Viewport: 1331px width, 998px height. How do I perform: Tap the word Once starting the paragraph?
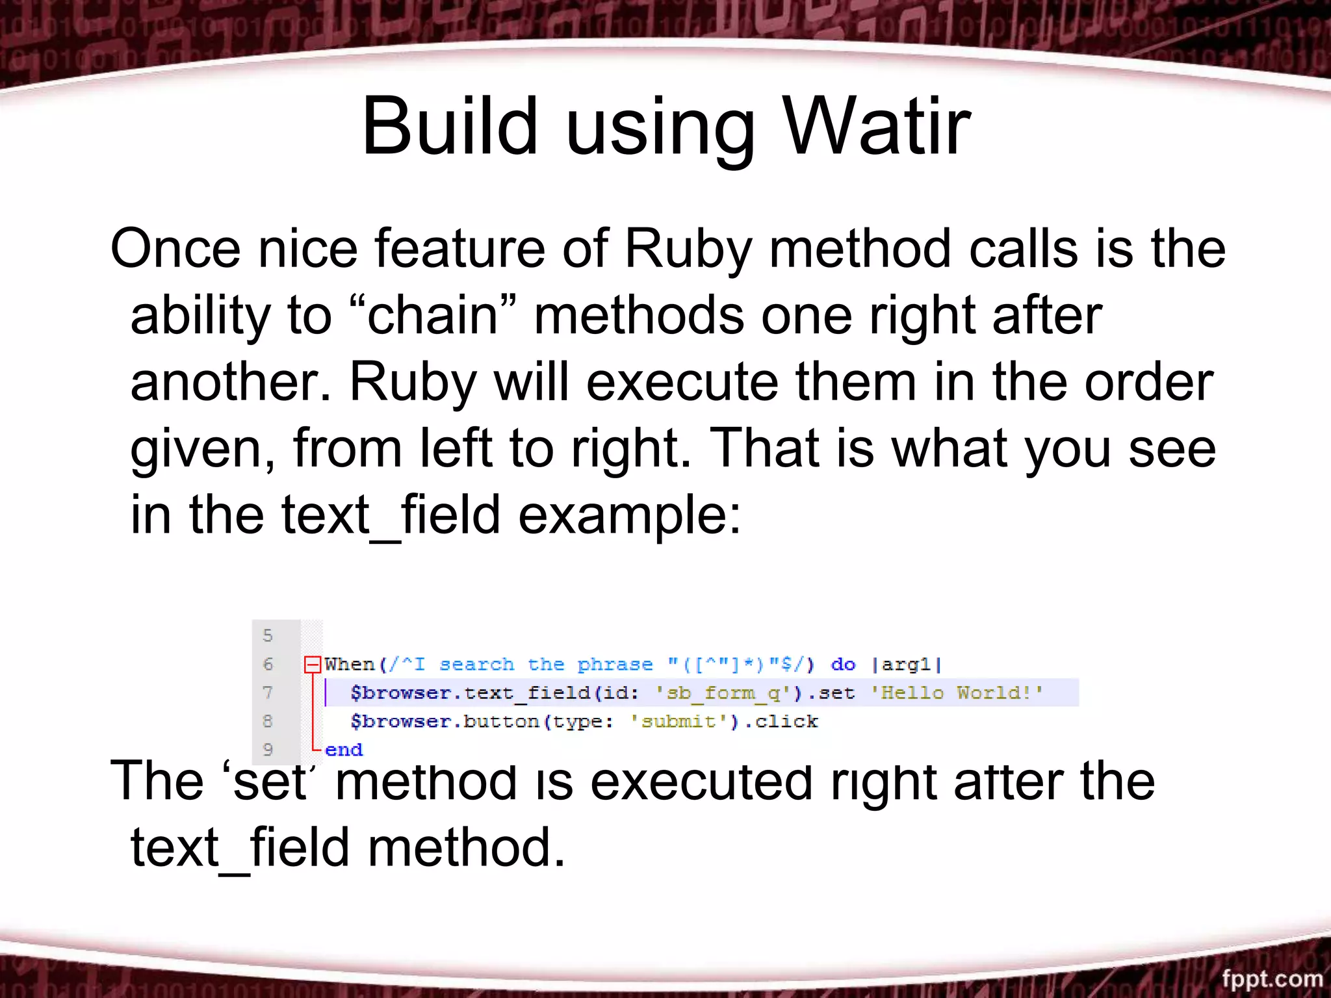click(x=175, y=249)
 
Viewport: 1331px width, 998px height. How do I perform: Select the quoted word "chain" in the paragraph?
click(x=432, y=315)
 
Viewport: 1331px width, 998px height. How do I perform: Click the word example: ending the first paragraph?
click(x=629, y=515)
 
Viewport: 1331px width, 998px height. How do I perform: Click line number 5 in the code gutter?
click(x=268, y=635)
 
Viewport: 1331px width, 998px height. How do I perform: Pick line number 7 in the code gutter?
click(x=268, y=693)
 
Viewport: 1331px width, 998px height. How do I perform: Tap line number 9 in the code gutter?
click(x=268, y=750)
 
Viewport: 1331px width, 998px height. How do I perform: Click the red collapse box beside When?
click(x=313, y=664)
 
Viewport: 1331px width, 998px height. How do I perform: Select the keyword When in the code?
click(x=350, y=664)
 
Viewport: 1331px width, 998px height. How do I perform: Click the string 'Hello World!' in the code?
click(x=957, y=693)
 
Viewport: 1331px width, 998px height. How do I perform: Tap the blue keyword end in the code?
click(x=344, y=750)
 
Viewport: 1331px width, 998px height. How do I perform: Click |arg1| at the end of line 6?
click(x=906, y=664)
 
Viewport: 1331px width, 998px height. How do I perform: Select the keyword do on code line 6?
click(x=843, y=664)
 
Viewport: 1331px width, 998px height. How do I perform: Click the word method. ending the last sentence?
click(x=466, y=847)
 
